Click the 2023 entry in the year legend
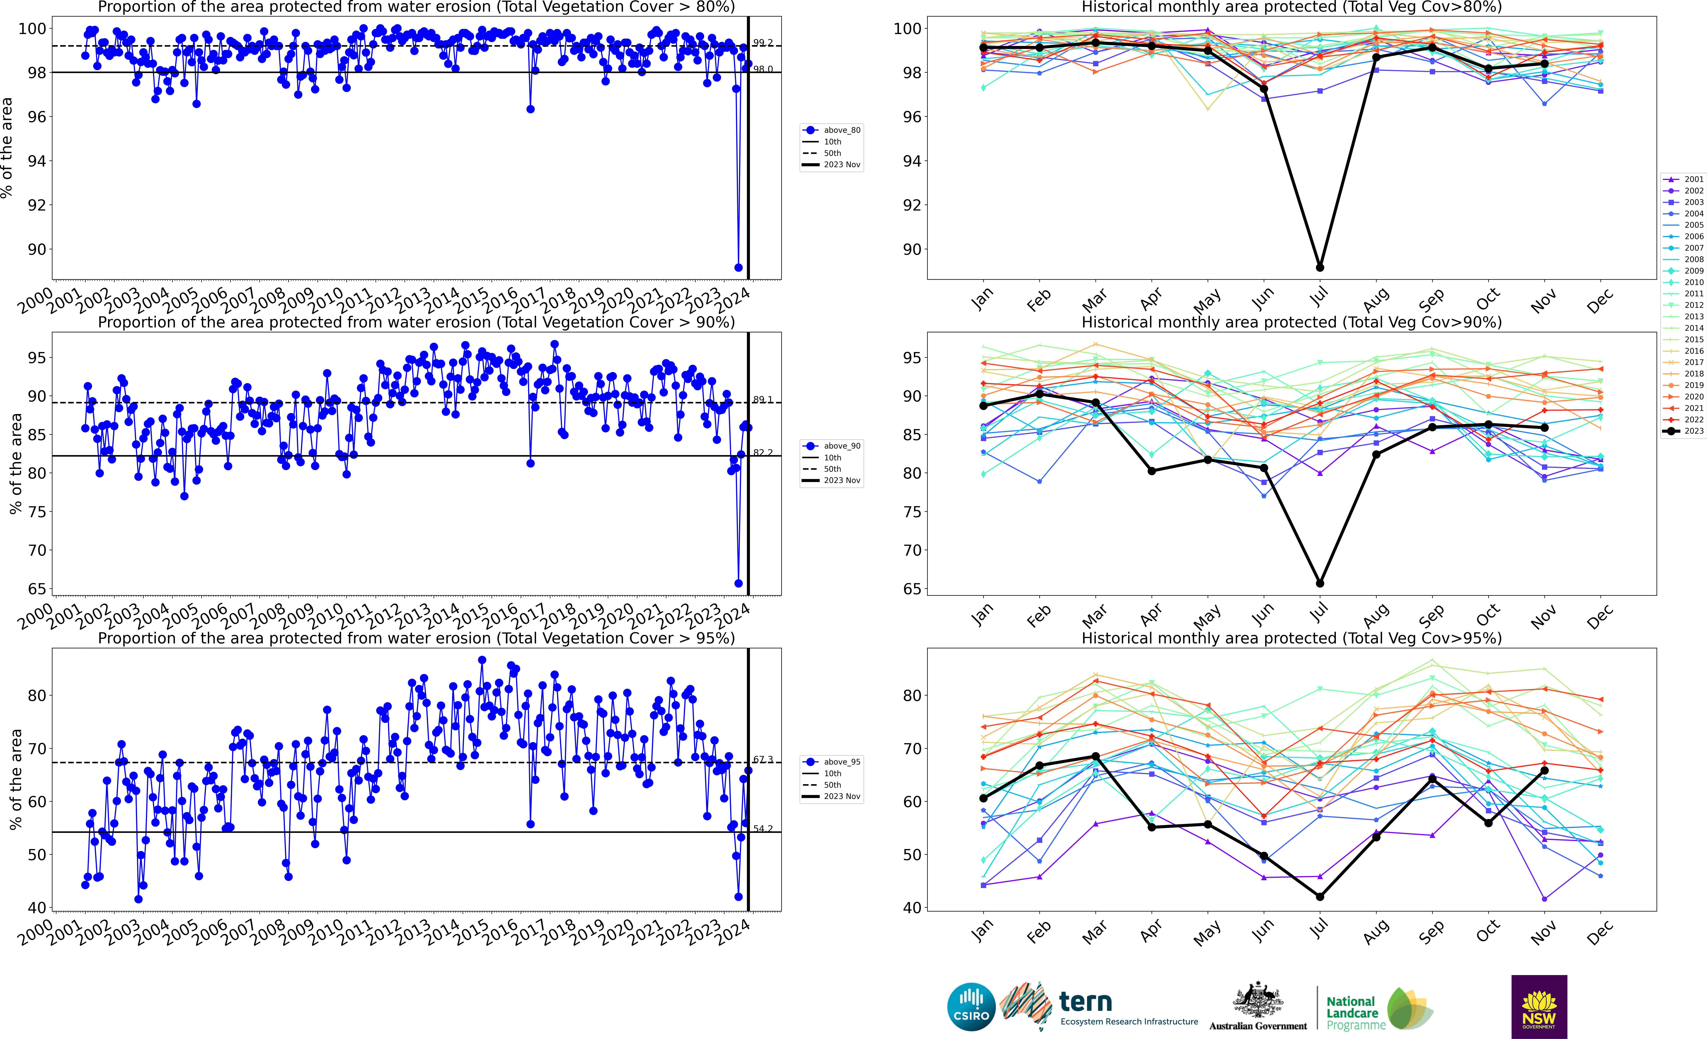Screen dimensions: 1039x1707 1684,431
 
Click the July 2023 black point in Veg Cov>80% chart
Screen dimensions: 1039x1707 1320,267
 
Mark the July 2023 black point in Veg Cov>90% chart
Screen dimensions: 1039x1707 1320,583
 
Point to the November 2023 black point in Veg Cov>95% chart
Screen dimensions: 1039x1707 1544,770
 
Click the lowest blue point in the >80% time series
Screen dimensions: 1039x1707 738,267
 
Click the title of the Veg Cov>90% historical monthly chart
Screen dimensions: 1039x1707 1291,322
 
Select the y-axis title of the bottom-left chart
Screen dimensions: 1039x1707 15,779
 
